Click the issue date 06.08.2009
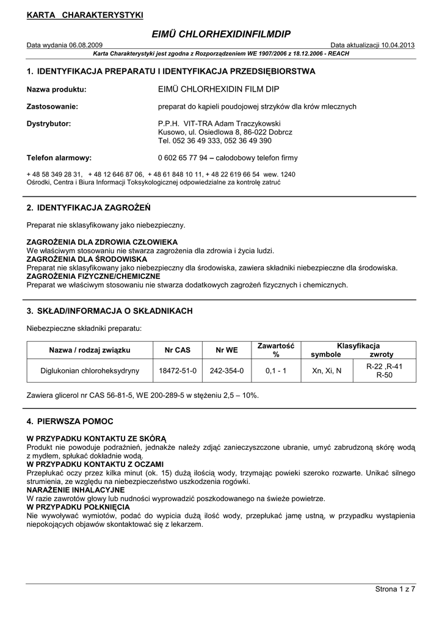tap(85, 46)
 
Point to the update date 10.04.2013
tap(394, 46)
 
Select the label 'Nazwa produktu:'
tap(56, 89)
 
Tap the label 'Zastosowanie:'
tap(52, 106)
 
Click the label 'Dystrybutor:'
tap(49, 123)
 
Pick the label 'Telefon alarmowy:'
tap(59, 157)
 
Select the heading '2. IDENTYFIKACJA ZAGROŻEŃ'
tap(88, 208)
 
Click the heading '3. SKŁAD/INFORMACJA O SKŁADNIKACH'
tap(109, 311)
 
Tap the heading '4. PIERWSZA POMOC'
tap(70, 421)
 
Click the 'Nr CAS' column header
tap(178, 350)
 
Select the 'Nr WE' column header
tap(227, 350)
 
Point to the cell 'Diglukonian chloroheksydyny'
tap(90, 370)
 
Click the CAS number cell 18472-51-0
tap(178, 370)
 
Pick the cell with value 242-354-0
tap(227, 370)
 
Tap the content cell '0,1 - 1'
tap(276, 370)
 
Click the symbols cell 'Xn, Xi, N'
tap(327, 370)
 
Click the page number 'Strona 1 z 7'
tap(394, 589)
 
